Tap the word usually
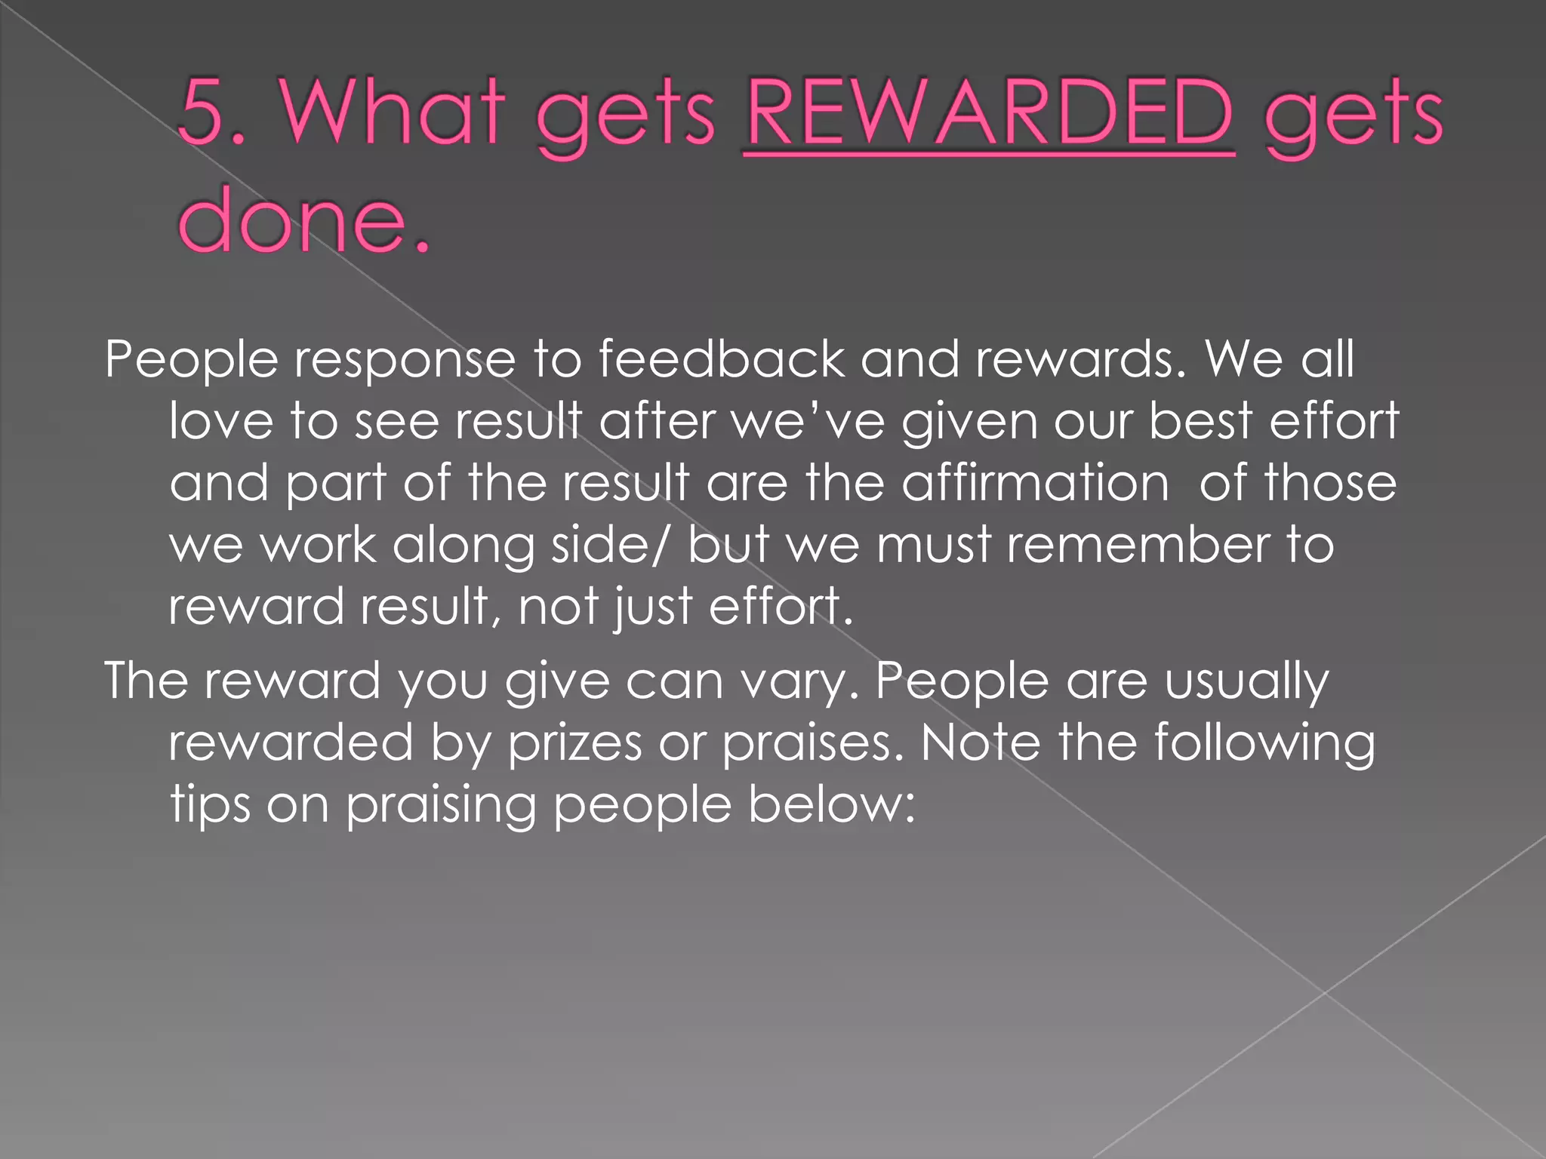[x=1246, y=681]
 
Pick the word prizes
[x=574, y=743]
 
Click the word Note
[x=980, y=743]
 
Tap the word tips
[x=210, y=805]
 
